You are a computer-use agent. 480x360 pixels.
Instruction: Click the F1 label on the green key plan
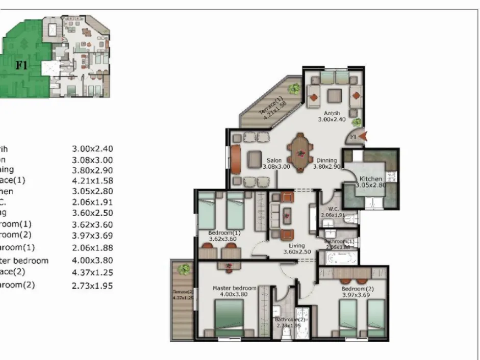pyautogui.click(x=21, y=65)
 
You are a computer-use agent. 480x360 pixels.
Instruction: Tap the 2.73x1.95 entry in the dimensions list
pyautogui.click(x=92, y=286)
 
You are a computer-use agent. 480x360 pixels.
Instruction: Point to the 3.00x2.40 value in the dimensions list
pyautogui.click(x=92, y=149)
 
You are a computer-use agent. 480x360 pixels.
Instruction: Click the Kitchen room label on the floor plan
pyautogui.click(x=371, y=178)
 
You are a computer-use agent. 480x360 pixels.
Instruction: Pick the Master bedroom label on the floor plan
pyautogui.click(x=234, y=288)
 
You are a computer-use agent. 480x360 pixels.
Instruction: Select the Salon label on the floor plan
pyautogui.click(x=273, y=160)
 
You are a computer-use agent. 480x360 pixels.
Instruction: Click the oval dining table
pyautogui.click(x=300, y=152)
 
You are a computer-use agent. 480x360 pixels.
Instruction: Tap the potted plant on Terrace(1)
pyautogui.click(x=294, y=89)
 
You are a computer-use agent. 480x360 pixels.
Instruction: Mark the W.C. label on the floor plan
pyautogui.click(x=334, y=209)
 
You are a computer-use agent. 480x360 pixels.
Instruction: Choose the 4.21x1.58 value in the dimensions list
pyautogui.click(x=92, y=181)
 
